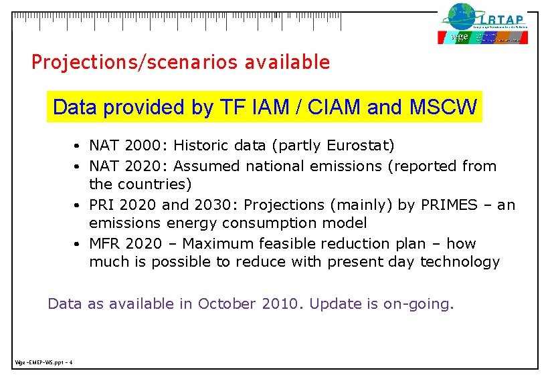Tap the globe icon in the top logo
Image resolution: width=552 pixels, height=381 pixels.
tap(460, 17)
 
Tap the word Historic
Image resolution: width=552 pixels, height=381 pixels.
tap(200, 146)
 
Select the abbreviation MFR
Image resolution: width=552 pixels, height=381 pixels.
tap(104, 244)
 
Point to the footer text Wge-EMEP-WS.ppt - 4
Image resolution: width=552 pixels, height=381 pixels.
tap(43, 363)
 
